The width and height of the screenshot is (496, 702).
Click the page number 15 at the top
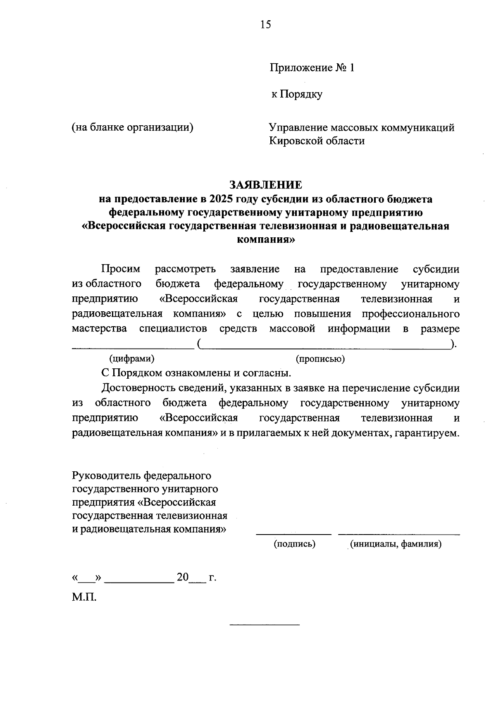266,25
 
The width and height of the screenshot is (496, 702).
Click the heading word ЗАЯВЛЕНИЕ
266,184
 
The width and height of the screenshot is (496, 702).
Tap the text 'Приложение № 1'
312,68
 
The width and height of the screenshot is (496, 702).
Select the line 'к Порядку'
296,94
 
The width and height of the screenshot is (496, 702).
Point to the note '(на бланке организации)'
133,127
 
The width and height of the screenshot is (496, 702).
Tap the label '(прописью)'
320,359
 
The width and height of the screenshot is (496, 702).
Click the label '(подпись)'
294,544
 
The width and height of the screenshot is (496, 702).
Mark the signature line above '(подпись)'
293,534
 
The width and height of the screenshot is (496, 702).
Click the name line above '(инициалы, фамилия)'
399,534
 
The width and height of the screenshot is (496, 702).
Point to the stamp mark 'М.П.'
84,597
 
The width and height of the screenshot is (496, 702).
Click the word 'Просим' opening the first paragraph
121,270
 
